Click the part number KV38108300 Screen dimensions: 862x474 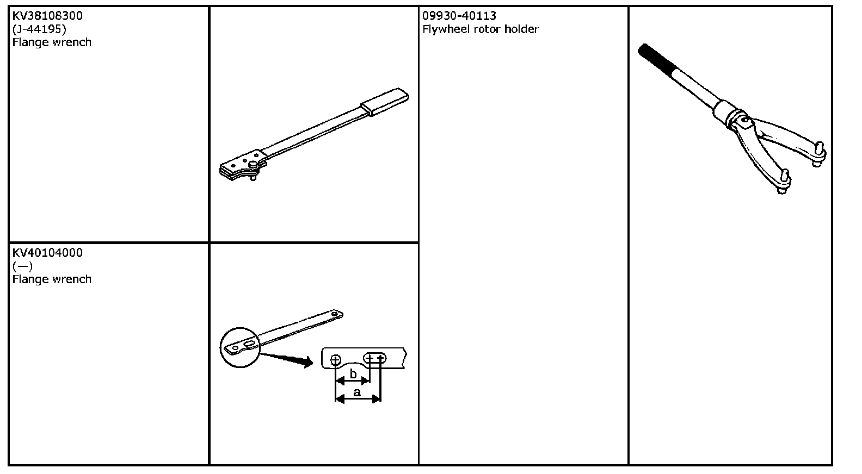pos(47,16)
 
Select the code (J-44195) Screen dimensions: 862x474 pos(39,29)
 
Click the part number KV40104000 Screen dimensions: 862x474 pos(47,253)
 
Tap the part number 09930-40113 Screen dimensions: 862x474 pos(459,16)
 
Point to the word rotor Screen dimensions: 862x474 pos(489,29)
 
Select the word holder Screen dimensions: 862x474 pos(522,29)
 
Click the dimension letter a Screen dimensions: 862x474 pos(357,392)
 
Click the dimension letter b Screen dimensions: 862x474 pos(353,374)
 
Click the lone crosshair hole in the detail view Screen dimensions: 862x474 pos(335,359)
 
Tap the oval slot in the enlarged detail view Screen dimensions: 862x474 pos(375,358)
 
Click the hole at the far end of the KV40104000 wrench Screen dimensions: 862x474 pos(336,314)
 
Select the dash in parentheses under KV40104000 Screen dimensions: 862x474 pos(22,266)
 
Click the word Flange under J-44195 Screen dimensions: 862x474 pos(28,42)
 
